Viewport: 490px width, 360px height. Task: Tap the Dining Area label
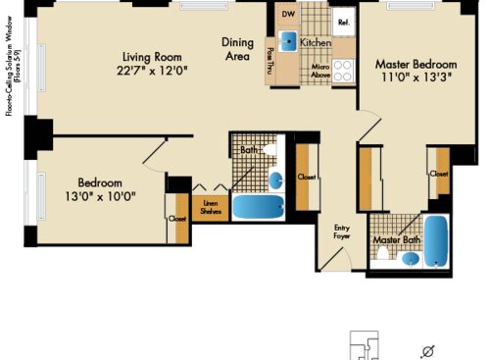pyautogui.click(x=238, y=49)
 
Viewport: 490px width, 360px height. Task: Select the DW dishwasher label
pyautogui.click(x=287, y=15)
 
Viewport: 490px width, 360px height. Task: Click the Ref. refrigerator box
pyautogui.click(x=344, y=21)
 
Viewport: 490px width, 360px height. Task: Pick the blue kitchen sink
pyautogui.click(x=290, y=41)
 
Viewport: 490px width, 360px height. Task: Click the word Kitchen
pyautogui.click(x=316, y=44)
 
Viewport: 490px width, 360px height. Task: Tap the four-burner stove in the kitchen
pyautogui.click(x=343, y=71)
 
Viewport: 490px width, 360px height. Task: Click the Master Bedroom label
pyautogui.click(x=415, y=66)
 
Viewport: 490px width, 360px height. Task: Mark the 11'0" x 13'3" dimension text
pyautogui.click(x=415, y=79)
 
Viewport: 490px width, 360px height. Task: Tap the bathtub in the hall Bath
pyautogui.click(x=258, y=208)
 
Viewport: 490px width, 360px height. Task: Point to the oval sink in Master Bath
pyautogui.click(x=410, y=258)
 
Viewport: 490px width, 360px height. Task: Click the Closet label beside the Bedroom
pyautogui.click(x=177, y=220)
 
